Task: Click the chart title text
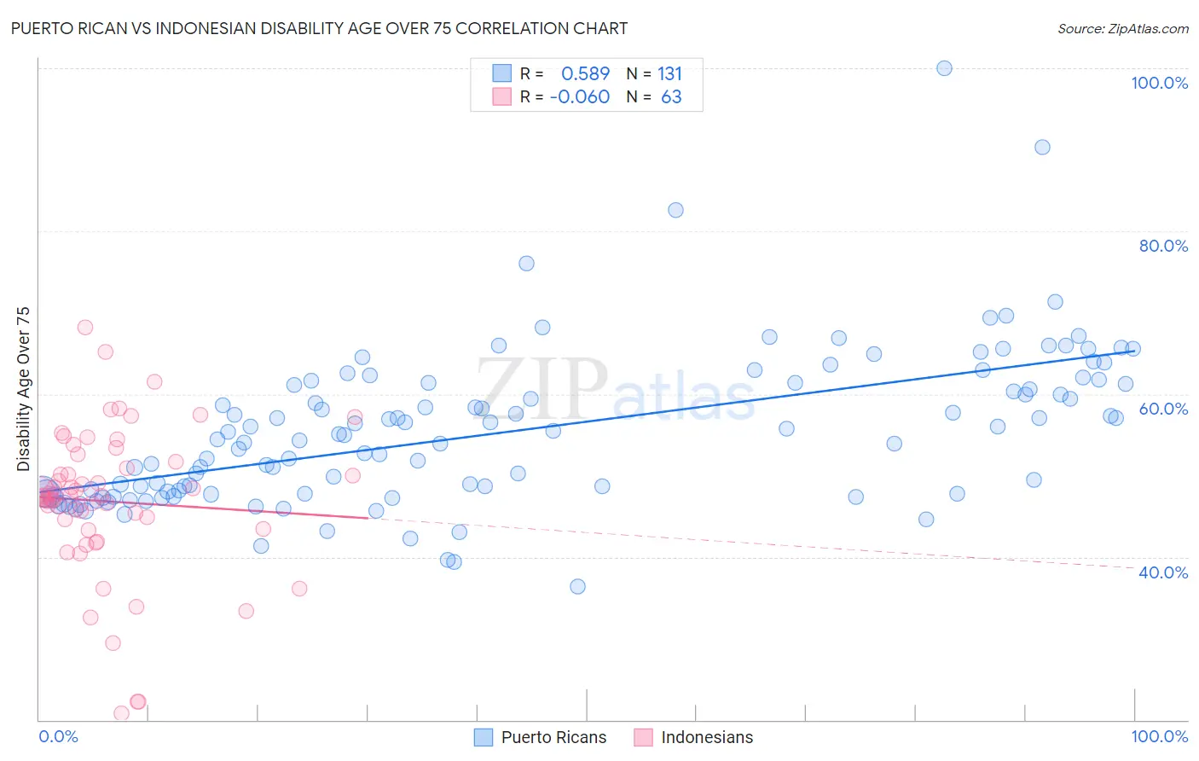319,28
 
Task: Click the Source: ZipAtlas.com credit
1122,28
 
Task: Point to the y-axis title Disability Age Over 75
23,389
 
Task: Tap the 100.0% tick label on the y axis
1159,83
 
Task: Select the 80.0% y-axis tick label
1163,246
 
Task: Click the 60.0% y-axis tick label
1163,409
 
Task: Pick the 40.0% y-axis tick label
1163,572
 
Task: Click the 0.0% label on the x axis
58,736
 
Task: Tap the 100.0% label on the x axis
1159,736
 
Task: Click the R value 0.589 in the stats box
585,74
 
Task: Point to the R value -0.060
579,97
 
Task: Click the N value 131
669,74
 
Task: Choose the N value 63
671,97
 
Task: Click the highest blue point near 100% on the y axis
944,68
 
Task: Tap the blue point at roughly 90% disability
1042,147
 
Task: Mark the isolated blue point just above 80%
675,210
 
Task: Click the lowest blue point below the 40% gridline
577,586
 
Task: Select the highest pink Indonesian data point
85,327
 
